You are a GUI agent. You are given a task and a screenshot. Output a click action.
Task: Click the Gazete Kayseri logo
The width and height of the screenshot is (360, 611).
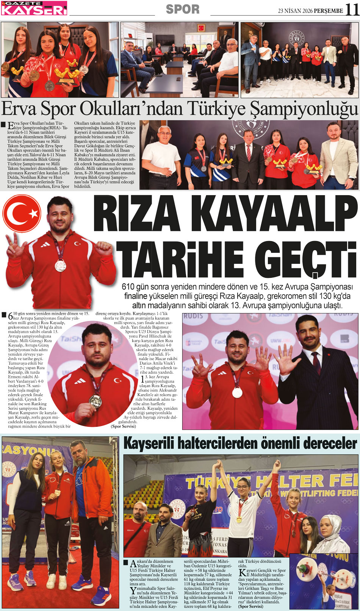(x=34, y=8)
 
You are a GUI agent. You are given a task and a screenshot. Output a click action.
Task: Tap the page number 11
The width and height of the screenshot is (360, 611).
(x=352, y=9)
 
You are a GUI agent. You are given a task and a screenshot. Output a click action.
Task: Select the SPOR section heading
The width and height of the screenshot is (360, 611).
(x=183, y=9)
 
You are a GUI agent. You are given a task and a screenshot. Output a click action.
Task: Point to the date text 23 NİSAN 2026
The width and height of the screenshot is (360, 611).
(x=295, y=11)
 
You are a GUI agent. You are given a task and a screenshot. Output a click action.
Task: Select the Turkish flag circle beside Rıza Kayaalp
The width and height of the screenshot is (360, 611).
(x=22, y=215)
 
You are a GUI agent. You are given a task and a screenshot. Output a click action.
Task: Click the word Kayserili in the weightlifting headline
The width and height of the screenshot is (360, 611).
(x=150, y=443)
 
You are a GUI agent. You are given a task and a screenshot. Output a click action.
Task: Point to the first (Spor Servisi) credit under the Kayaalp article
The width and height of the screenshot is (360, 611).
(x=123, y=426)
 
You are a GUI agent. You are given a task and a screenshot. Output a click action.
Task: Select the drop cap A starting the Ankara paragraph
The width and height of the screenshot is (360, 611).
(x=133, y=563)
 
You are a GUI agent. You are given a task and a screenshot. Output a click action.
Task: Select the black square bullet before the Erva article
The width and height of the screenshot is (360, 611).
(x=3, y=124)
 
